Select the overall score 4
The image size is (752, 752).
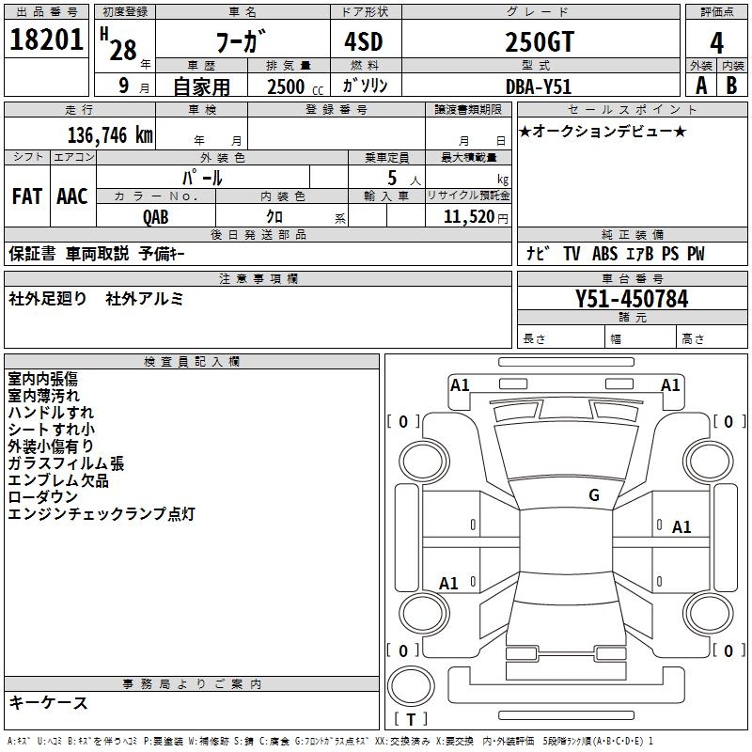point(716,43)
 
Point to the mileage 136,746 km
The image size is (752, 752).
point(109,134)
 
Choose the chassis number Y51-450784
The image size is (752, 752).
point(632,299)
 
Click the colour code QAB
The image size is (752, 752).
point(157,215)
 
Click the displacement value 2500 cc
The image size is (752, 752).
point(292,86)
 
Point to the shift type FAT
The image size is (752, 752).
point(27,196)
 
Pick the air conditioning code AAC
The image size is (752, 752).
point(72,196)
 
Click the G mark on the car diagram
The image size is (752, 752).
point(593,495)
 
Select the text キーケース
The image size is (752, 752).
point(49,702)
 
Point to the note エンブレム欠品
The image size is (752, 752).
point(58,480)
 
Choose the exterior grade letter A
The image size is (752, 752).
point(700,85)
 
